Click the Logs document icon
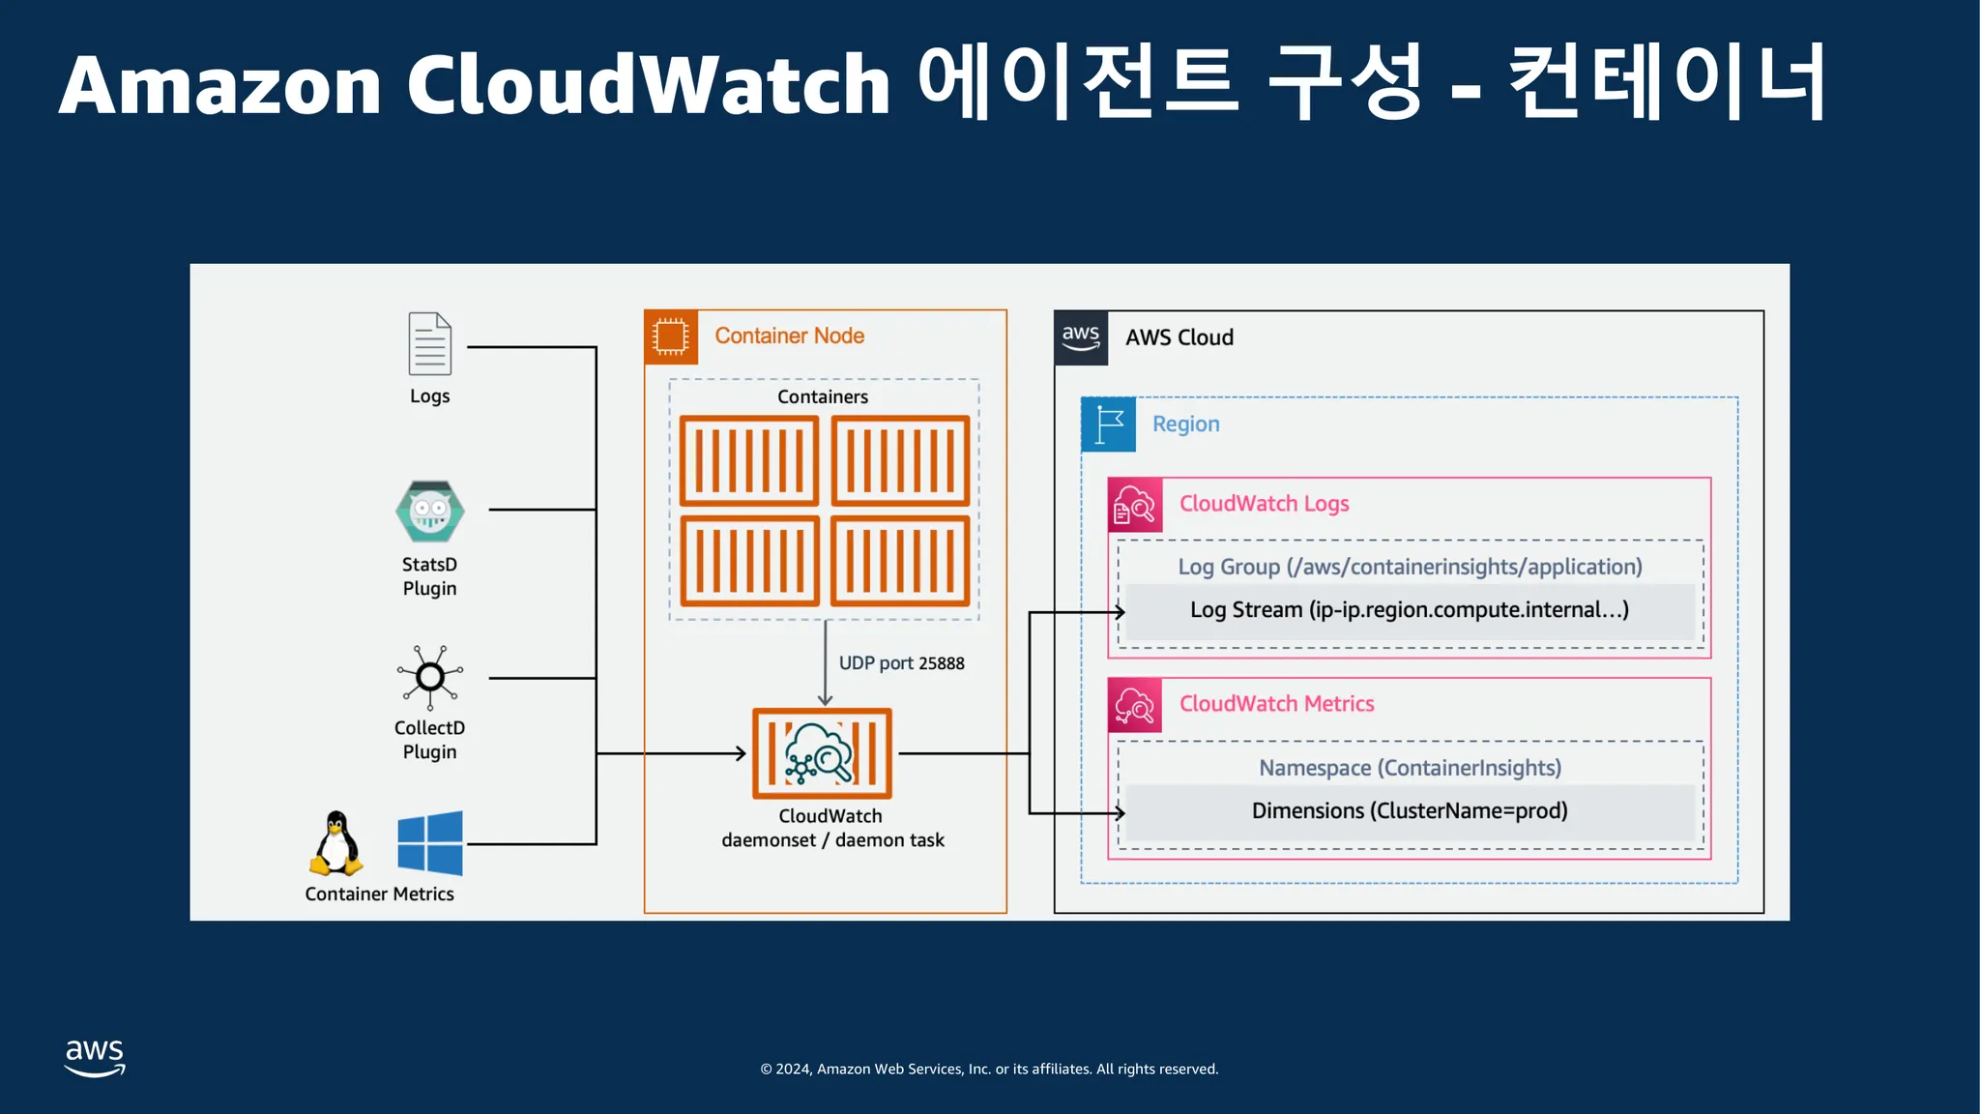click(429, 343)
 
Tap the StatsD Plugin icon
click(430, 512)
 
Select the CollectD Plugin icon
click(430, 676)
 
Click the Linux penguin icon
click(335, 843)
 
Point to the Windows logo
click(430, 843)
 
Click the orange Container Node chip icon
click(670, 337)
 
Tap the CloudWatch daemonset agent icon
click(822, 753)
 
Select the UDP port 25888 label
click(901, 663)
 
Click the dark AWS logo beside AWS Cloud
click(1081, 337)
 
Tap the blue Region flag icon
click(1108, 425)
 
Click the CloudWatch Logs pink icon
click(1135, 505)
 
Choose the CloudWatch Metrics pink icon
click(1135, 705)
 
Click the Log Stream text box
click(1409, 610)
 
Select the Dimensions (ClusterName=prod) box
click(1409, 811)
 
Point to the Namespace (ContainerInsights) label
click(1409, 768)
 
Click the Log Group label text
click(1409, 567)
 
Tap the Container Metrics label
click(379, 894)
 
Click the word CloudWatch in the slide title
click(648, 85)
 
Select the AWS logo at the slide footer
click(95, 1058)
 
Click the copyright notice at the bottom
click(989, 1069)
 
